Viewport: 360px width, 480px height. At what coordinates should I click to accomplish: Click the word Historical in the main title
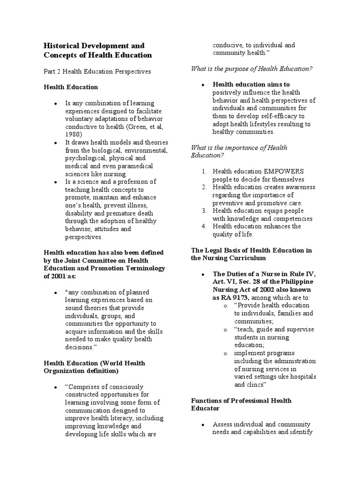pos(61,46)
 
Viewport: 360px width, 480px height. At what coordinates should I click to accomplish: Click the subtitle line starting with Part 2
pos(97,72)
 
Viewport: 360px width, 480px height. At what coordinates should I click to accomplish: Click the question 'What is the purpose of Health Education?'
pos(252,69)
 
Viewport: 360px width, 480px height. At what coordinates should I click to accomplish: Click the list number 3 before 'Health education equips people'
pos(204,211)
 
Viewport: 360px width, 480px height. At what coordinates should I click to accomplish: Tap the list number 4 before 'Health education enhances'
pos(204,226)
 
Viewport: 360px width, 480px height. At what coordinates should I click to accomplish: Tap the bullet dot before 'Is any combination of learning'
pos(55,103)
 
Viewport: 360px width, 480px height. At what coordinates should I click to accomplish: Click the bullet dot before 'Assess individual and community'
pos(202,425)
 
